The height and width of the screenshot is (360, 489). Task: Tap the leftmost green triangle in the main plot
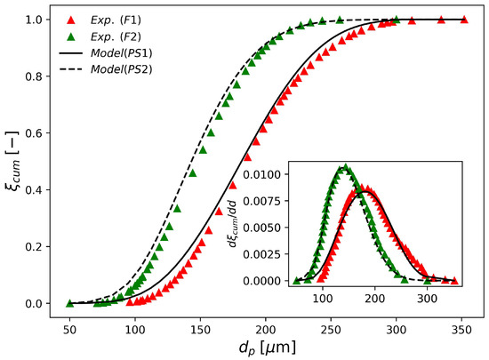pyautogui.click(x=69, y=303)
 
